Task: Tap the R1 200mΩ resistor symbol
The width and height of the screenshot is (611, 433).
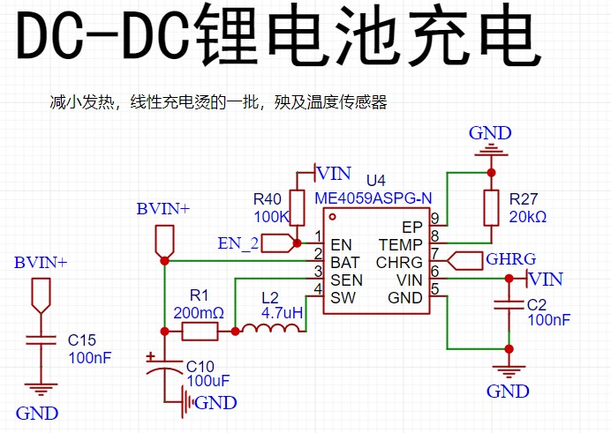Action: point(200,332)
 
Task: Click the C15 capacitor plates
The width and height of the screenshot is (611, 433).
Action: point(37,341)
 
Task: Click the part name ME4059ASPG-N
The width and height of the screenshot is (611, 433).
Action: point(373,198)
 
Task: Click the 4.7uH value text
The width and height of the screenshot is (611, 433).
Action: point(283,313)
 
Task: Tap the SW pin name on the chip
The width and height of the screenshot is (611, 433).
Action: point(343,297)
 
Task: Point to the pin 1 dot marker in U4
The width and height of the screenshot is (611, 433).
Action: point(332,215)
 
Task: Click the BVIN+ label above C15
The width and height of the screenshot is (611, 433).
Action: point(40,263)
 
